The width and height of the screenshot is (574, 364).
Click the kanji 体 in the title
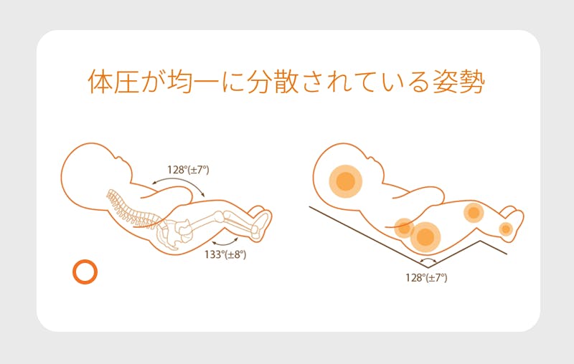100,81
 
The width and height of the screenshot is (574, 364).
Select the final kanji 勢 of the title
472,81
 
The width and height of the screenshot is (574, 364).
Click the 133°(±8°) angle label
225,254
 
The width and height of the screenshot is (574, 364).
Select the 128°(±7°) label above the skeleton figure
188,170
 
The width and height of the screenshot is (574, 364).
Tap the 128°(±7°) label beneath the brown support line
426,278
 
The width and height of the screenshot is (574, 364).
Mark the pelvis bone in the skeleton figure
173,234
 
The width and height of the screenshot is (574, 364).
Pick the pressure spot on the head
346,181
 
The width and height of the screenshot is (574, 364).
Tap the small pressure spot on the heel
506,229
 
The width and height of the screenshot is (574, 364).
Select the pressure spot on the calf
474,212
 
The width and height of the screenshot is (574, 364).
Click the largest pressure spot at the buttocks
425,237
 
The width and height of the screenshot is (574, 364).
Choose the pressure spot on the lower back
404,228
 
